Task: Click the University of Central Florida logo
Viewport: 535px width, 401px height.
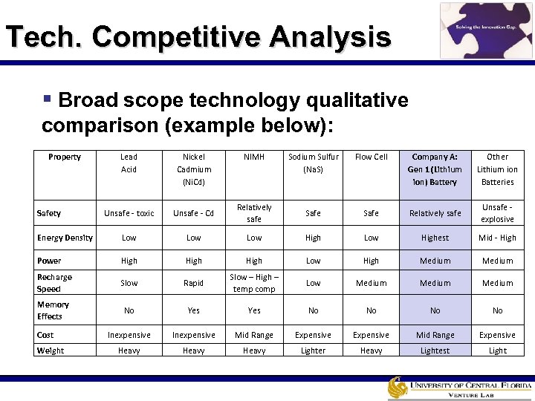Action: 458,388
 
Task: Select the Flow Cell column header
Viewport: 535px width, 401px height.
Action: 371,157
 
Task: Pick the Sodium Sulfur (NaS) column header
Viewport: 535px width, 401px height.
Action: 313,163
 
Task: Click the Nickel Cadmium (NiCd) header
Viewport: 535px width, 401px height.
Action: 194,169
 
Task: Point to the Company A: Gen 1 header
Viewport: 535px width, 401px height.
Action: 435,169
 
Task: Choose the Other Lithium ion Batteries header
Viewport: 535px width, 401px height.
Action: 497,169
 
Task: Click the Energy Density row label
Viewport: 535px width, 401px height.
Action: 65,238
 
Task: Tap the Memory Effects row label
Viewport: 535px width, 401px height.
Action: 53,310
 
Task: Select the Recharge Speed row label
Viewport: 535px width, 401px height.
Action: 54,283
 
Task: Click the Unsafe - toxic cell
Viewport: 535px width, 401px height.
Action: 129,213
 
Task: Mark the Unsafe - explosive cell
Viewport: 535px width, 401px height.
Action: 497,213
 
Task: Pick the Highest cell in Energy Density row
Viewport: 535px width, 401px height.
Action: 435,238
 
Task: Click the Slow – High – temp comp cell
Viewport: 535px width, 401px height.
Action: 254,283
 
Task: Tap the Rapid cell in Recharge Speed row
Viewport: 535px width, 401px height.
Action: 194,283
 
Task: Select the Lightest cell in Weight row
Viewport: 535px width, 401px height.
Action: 435,351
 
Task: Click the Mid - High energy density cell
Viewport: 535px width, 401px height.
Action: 497,238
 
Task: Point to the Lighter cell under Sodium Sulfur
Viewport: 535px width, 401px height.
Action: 313,351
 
